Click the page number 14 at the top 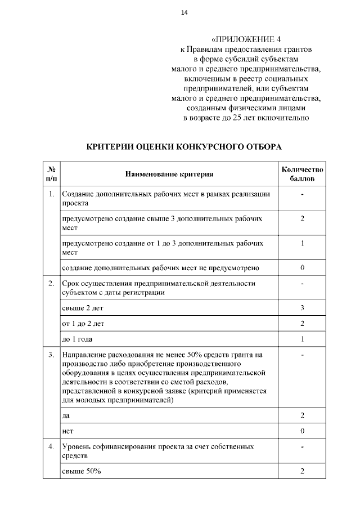[x=184, y=13]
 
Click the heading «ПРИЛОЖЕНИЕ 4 [x=246, y=39]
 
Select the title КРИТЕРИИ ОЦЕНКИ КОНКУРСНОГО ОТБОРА [x=184, y=146]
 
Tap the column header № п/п [x=51, y=174]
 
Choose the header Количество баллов [x=302, y=174]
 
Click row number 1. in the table [x=51, y=194]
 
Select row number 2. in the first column [x=51, y=283]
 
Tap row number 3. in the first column [x=51, y=355]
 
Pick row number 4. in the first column [x=51, y=446]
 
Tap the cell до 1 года [x=76, y=339]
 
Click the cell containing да [x=66, y=415]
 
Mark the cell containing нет [x=67, y=431]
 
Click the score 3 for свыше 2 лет [x=302, y=308]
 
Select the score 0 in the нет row [x=302, y=431]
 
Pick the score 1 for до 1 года [x=302, y=339]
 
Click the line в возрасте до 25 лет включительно [x=246, y=118]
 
